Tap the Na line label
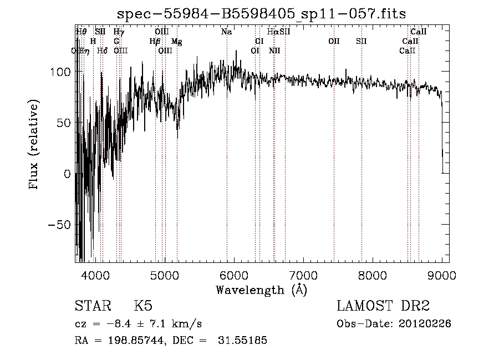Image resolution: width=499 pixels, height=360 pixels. click(x=226, y=32)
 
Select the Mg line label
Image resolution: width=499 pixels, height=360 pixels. click(x=176, y=41)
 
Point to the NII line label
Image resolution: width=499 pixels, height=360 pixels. click(x=274, y=50)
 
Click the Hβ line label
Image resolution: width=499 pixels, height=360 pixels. click(x=155, y=41)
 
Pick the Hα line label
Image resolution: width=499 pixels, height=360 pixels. click(x=273, y=32)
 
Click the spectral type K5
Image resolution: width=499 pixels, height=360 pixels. click(x=143, y=306)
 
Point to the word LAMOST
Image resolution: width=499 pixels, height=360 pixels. click(x=361, y=306)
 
